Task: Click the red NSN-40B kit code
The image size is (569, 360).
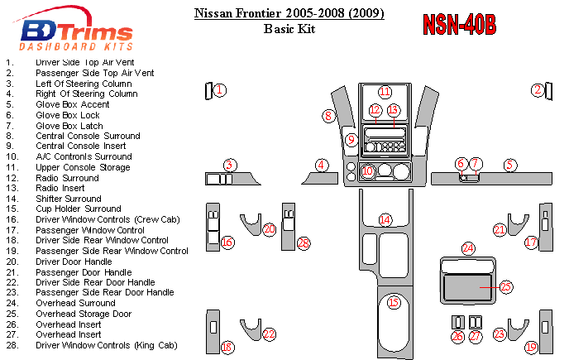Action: coord(459,25)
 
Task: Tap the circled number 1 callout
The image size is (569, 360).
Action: coord(220,90)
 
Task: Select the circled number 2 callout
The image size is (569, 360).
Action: coord(538,90)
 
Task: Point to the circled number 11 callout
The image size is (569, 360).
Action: coord(385,92)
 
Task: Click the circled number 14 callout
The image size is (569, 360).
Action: coord(385,219)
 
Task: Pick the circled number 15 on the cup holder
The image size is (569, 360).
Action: coord(394,302)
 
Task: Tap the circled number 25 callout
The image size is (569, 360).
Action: coord(506,286)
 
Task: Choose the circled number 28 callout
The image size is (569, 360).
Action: coord(304,243)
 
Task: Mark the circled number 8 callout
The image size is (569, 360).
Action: coord(328,117)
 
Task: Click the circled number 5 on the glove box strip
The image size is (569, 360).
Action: coord(510,165)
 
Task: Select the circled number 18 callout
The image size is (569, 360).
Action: coord(227,348)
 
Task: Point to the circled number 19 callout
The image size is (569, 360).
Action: coord(532,348)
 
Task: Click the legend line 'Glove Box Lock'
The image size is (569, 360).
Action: coord(67,115)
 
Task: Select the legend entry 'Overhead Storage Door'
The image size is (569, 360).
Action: coord(83,314)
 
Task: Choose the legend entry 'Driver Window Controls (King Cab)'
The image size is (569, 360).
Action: coord(107,345)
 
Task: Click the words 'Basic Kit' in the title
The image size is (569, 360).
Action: coord(289,28)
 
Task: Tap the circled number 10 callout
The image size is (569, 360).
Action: coord(368,171)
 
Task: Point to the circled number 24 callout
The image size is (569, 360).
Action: coord(468,248)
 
